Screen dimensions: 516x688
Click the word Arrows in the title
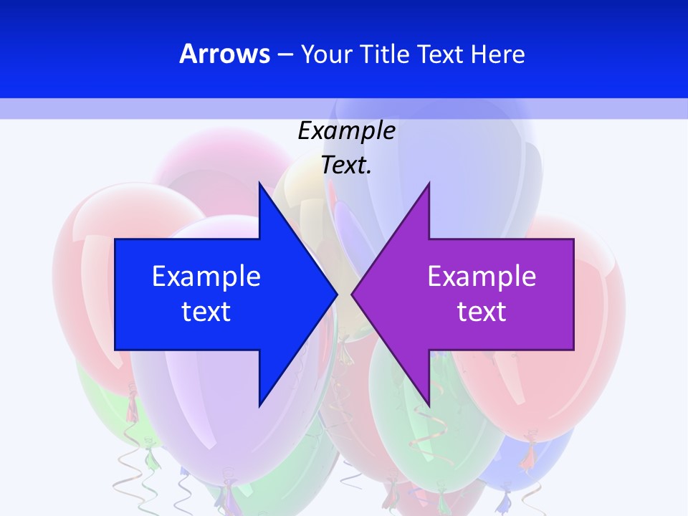[224, 54]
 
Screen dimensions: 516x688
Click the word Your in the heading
[325, 54]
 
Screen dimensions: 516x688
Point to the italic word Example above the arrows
[346, 131]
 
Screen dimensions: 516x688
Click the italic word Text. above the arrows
[346, 166]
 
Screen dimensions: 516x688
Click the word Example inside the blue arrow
[206, 276]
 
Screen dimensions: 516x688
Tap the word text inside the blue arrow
[206, 312]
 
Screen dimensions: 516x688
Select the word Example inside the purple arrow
[482, 276]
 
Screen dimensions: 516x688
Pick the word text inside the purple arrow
[482, 312]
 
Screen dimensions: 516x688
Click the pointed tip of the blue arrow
[336, 294]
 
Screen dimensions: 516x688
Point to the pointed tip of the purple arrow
[353, 294]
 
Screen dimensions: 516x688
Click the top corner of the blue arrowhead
[259, 184]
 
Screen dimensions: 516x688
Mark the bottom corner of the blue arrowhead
[259, 405]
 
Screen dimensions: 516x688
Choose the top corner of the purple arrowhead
[429, 184]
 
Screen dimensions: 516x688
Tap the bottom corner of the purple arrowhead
[429, 405]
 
